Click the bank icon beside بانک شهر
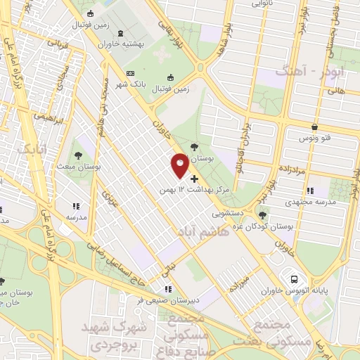[x=129, y=72]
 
